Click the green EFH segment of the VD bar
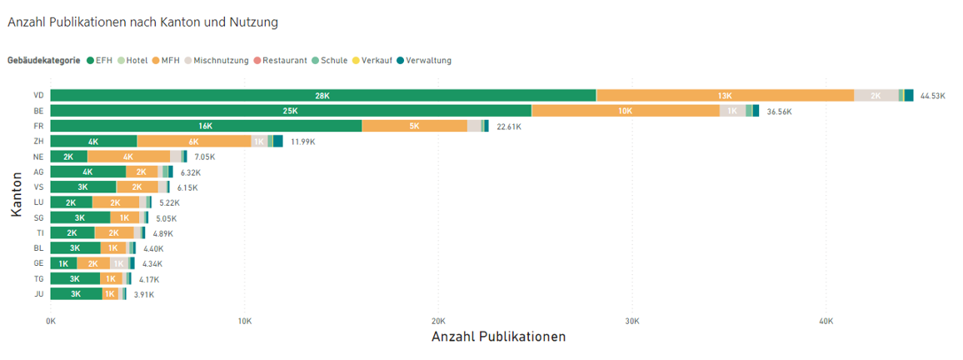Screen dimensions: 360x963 click(x=323, y=95)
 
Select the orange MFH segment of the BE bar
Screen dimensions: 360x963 click(x=626, y=111)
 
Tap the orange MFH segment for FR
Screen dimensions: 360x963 click(x=415, y=126)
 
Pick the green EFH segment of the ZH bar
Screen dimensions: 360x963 click(x=93, y=142)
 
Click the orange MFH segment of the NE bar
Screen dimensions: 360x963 click(x=128, y=157)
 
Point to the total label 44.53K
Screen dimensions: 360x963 click(x=933, y=96)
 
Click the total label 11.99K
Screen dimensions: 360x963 click(x=302, y=142)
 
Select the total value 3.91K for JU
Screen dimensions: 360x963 click(x=144, y=294)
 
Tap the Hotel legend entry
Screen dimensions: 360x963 click(x=133, y=60)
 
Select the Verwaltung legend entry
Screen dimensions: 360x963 click(x=424, y=60)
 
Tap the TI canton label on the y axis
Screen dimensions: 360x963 click(x=40, y=232)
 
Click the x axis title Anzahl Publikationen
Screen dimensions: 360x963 click(x=498, y=337)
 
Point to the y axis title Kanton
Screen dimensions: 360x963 click(x=16, y=194)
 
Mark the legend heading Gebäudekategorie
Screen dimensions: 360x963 click(x=44, y=60)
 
